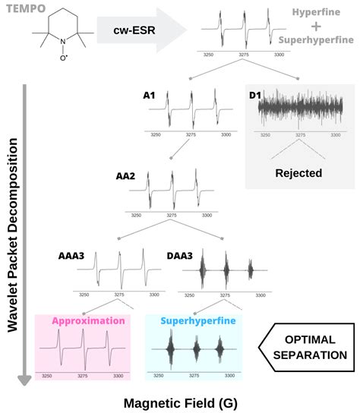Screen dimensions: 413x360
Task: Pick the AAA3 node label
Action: point(72,256)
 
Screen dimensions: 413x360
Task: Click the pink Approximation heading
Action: point(88,320)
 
